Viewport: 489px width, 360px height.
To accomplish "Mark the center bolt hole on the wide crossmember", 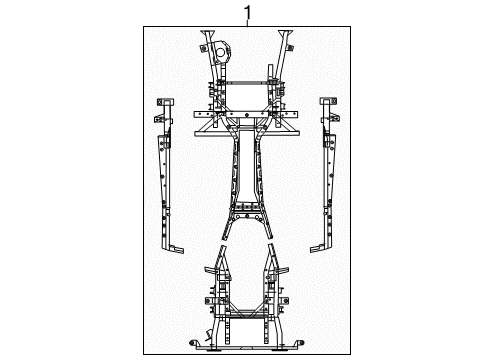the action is (x=245, y=128).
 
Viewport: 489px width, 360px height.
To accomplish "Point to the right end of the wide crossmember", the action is (x=297, y=128).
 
